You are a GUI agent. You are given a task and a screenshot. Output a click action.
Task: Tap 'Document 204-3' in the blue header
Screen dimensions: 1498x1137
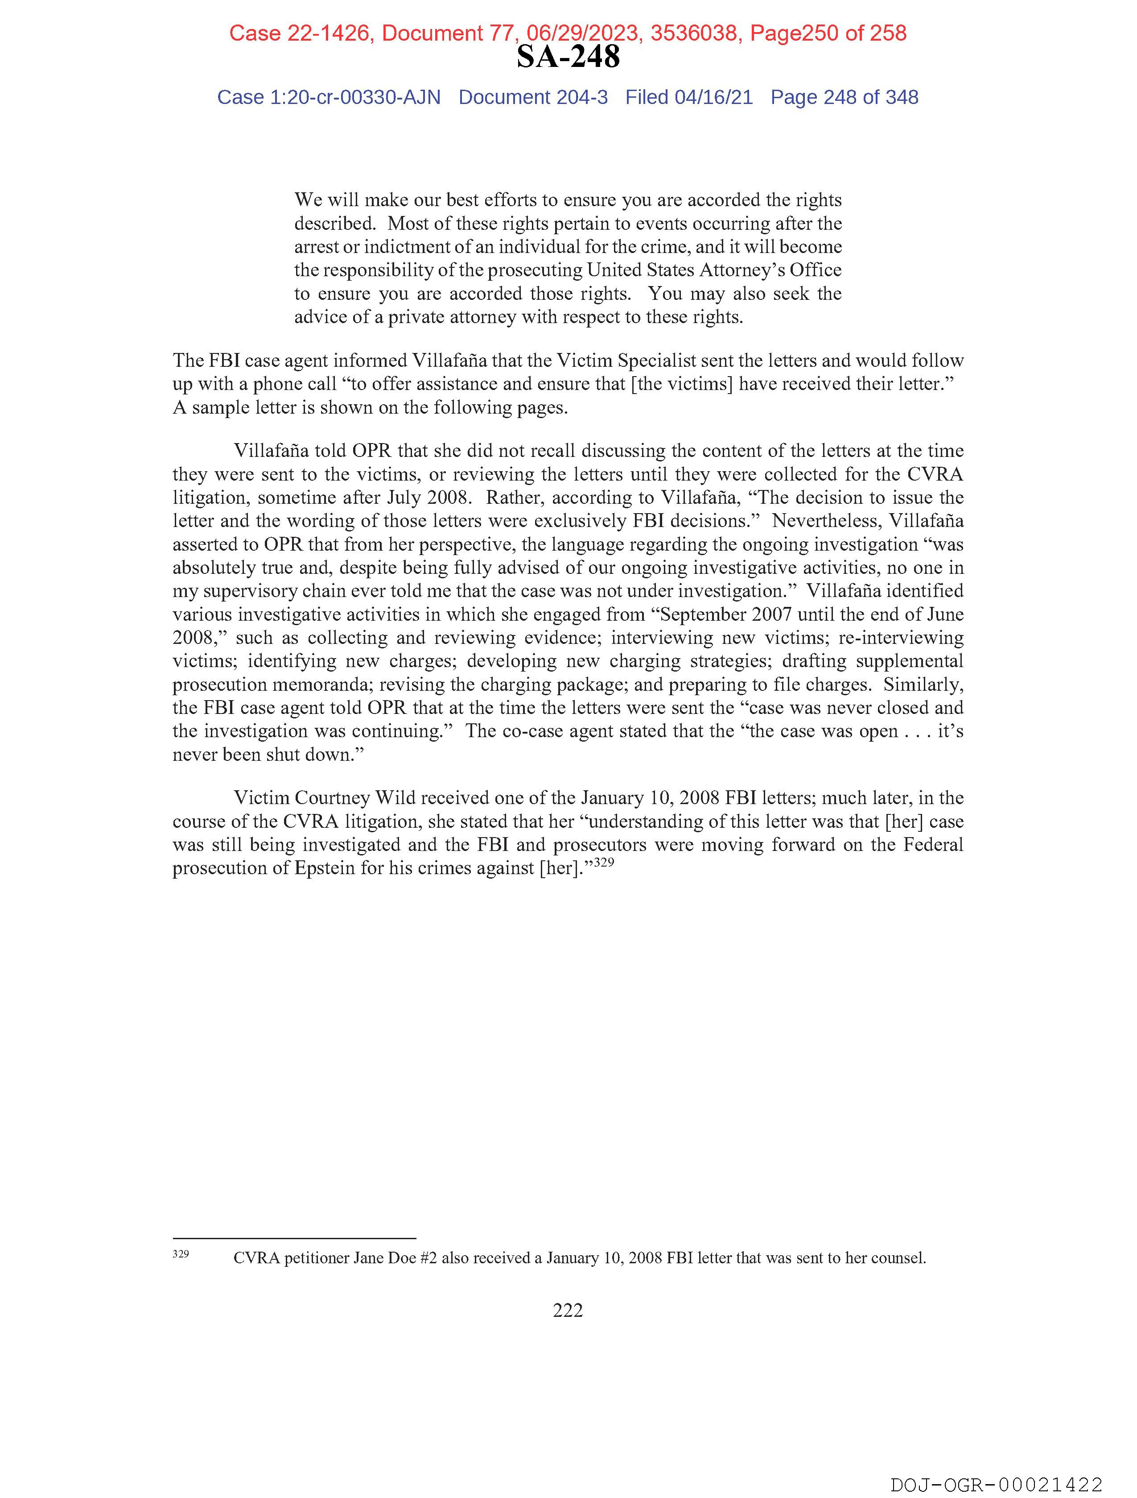point(533,98)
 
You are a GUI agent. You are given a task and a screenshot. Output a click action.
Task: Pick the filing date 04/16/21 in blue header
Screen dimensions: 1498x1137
point(713,98)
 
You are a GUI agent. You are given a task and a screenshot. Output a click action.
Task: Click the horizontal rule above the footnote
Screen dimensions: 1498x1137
point(294,1238)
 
